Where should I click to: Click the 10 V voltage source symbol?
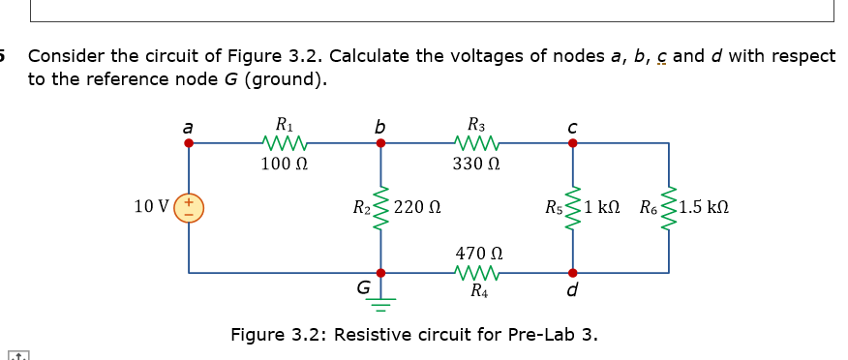coord(189,207)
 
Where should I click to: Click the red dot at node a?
coord(189,143)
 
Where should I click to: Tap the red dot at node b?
coord(380,143)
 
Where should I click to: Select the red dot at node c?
coord(572,143)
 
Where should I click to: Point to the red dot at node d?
coord(572,272)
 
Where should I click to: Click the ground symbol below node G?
coord(380,299)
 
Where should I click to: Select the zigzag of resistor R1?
coord(285,143)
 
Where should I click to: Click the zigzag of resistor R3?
coord(476,143)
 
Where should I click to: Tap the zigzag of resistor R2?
coord(380,207)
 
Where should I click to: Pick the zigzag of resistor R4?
coord(476,272)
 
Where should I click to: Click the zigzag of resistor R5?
coord(572,207)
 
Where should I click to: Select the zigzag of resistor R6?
coord(668,207)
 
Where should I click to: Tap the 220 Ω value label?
coord(418,207)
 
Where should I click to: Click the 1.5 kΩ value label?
coord(705,207)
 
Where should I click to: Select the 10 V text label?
coord(151,206)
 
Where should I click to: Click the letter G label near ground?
coord(363,287)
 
